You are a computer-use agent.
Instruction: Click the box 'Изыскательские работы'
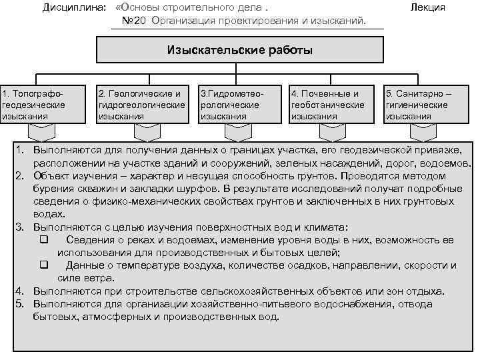[x=240, y=50]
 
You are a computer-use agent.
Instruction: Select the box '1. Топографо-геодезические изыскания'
[x=43, y=104]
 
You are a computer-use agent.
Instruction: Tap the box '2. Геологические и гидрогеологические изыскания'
[x=141, y=104]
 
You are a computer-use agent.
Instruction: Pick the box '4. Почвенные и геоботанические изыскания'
[x=332, y=104]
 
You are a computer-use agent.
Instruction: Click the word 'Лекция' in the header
[x=428, y=8]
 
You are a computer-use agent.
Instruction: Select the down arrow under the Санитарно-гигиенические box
[x=424, y=131]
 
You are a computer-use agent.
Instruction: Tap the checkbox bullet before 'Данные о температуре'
[x=44, y=265]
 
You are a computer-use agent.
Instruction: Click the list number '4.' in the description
[x=21, y=291]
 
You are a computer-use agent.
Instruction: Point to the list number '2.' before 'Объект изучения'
[x=21, y=176]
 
